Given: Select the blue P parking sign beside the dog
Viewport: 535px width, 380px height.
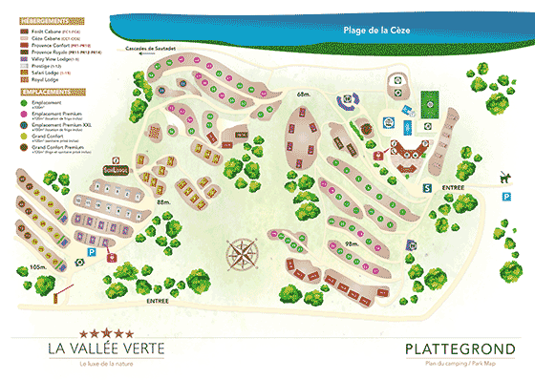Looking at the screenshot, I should click(505, 195).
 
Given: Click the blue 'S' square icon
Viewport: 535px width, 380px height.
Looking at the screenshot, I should click(427, 187).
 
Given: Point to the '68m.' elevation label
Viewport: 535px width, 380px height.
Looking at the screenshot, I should click(305, 94).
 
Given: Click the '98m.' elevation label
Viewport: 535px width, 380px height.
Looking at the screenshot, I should click(351, 243).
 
